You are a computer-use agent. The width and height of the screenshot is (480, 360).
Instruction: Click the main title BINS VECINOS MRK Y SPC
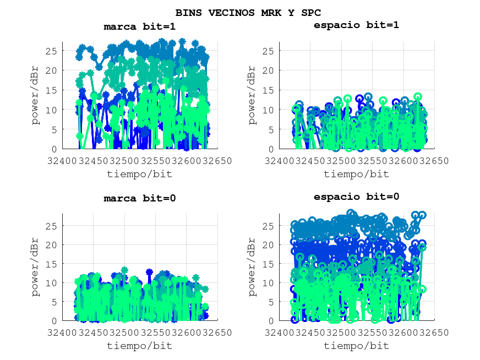248,12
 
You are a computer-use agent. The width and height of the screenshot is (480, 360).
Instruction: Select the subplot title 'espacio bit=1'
356,25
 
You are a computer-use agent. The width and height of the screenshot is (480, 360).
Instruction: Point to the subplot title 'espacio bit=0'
356,197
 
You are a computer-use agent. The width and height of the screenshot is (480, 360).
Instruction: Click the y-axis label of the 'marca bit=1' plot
36,95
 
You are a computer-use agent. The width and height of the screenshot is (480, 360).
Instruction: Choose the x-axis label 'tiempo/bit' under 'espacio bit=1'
356,174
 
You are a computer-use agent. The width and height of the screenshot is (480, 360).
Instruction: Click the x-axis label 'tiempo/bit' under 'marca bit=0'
139,346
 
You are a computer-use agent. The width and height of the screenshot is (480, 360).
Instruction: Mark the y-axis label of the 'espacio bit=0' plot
253,267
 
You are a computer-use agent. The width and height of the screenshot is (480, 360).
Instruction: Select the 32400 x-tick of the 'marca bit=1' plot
62,161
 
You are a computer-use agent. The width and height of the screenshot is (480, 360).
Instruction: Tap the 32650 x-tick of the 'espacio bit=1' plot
434,161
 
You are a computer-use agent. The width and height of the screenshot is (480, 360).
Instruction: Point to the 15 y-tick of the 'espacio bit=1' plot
269,90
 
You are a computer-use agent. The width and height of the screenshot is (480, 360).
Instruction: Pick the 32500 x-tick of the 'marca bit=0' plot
124,332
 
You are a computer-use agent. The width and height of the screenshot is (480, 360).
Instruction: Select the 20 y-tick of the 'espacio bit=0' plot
269,244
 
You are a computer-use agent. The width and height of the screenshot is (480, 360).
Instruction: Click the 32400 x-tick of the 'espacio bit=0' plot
279,332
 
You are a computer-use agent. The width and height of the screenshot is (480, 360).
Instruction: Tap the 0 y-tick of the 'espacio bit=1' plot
271,149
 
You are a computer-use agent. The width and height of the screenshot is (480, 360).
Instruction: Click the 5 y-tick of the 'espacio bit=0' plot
271,302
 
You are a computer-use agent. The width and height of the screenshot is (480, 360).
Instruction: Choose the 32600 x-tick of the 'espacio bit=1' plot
403,161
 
